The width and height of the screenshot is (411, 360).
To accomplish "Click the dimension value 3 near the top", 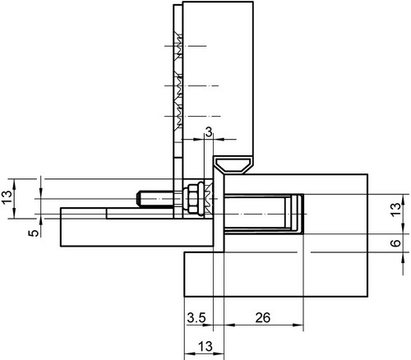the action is [x=209, y=132].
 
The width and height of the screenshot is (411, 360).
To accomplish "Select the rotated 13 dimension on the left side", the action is [x=7, y=197].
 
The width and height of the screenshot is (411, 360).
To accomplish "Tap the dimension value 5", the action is [x=34, y=233].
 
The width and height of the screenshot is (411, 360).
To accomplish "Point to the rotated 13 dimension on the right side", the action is [x=395, y=210].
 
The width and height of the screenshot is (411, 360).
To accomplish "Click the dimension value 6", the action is [x=395, y=242].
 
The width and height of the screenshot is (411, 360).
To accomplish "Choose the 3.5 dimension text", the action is [x=196, y=318].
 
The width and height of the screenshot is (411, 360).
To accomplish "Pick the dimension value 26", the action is [x=263, y=317].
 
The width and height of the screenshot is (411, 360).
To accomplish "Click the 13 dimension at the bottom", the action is [x=205, y=347].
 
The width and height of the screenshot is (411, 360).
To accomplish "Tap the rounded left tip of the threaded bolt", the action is [x=138, y=199].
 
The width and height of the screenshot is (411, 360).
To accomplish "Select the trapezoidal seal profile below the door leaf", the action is [x=233, y=165].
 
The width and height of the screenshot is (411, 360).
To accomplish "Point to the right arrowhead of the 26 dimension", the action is [x=298, y=325].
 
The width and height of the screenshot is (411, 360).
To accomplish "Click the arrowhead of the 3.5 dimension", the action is [x=208, y=325].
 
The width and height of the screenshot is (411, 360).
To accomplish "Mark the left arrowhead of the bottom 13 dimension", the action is [x=190, y=353].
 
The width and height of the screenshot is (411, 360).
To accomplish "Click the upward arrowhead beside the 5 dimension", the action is [x=41, y=224].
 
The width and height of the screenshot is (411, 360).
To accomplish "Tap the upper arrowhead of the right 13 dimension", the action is [x=403, y=200].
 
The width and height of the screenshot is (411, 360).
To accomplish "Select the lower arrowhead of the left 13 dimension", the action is [x=14, y=213].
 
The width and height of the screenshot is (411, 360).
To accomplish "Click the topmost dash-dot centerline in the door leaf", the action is [x=185, y=46].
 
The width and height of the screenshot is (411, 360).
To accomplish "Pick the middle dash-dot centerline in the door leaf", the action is [x=192, y=86].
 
